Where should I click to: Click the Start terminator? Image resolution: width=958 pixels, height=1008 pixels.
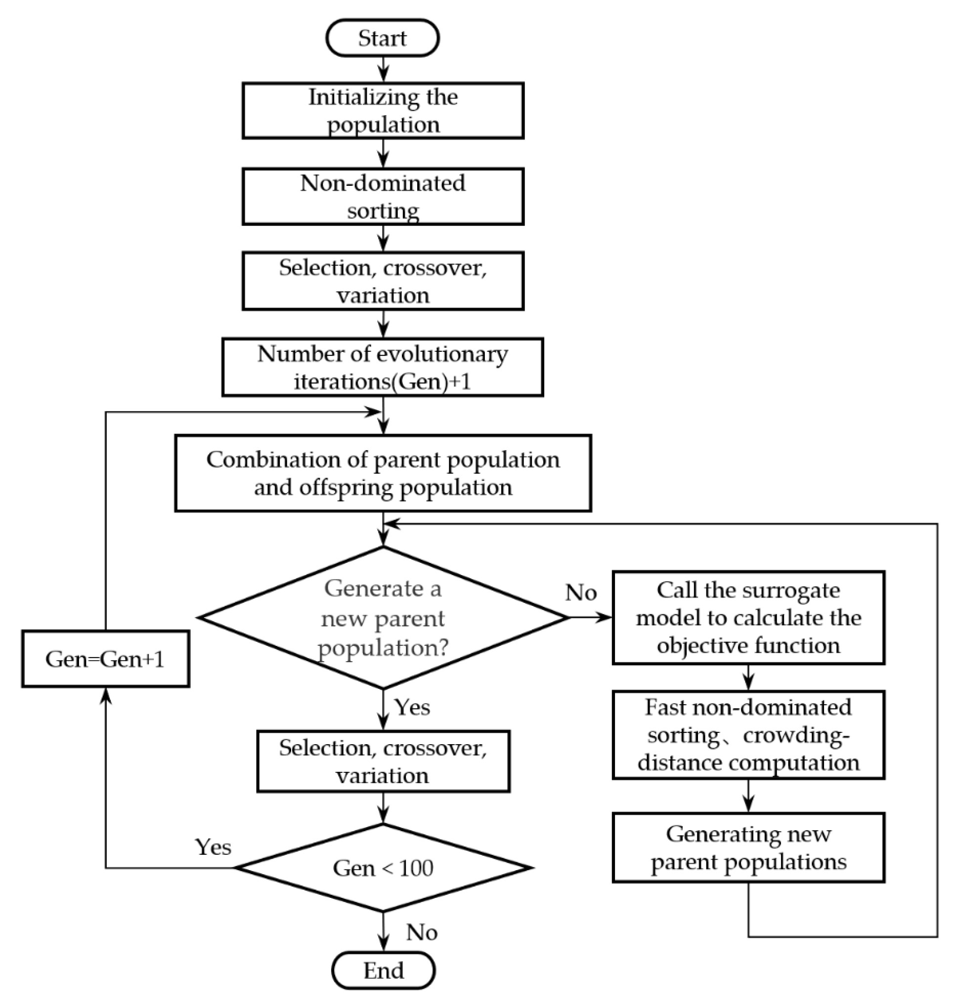click(383, 38)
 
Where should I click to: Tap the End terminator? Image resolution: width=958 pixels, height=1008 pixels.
click(383, 970)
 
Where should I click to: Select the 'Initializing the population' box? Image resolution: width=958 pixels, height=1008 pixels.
click(383, 110)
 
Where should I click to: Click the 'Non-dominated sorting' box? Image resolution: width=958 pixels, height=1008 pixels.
click(383, 197)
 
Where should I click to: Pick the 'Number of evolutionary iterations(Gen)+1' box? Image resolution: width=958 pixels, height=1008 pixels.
click(383, 367)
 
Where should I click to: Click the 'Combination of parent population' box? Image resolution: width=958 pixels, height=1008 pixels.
click(383, 473)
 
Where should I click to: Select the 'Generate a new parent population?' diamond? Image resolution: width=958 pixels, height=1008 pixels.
click(383, 618)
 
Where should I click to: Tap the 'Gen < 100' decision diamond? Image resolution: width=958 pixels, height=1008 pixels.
click(383, 868)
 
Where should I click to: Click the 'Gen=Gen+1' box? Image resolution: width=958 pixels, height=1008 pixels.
click(106, 659)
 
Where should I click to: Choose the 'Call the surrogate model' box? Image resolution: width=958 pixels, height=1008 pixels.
click(748, 618)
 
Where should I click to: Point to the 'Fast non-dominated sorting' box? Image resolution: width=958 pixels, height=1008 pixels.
click(748, 735)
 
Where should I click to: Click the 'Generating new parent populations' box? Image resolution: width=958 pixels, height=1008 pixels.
click(748, 848)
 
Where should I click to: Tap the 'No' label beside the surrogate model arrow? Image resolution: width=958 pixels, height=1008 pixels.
click(581, 592)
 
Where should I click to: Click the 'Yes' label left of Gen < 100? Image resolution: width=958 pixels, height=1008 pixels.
click(213, 847)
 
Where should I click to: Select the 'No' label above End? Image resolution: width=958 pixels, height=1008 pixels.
click(422, 932)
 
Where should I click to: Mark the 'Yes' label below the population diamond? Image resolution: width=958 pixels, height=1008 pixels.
click(412, 708)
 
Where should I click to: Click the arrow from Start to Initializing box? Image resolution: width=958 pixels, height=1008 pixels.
click(383, 69)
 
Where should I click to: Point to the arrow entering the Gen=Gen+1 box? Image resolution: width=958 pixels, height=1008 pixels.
click(106, 776)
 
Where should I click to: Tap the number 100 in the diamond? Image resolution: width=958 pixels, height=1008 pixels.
click(416, 868)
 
